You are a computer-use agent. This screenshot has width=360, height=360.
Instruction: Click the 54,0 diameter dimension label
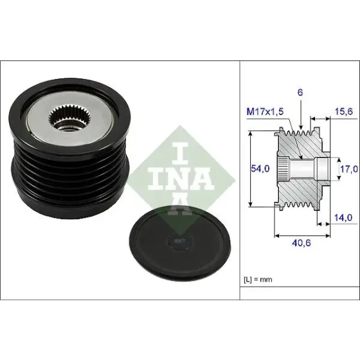tap(260, 168)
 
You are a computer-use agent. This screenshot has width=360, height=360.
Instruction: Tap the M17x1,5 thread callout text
tap(265, 112)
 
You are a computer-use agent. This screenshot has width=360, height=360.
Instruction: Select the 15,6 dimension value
tap(343, 112)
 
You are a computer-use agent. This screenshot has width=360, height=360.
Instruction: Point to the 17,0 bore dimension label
tap(348, 169)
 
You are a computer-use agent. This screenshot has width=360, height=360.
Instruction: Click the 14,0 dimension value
tap(343, 218)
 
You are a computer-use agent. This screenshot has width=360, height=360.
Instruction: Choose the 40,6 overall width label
tap(301, 243)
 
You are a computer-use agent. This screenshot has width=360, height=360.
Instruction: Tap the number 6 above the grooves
tap(300, 93)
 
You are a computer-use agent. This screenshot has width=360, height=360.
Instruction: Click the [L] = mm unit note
tap(258, 280)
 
